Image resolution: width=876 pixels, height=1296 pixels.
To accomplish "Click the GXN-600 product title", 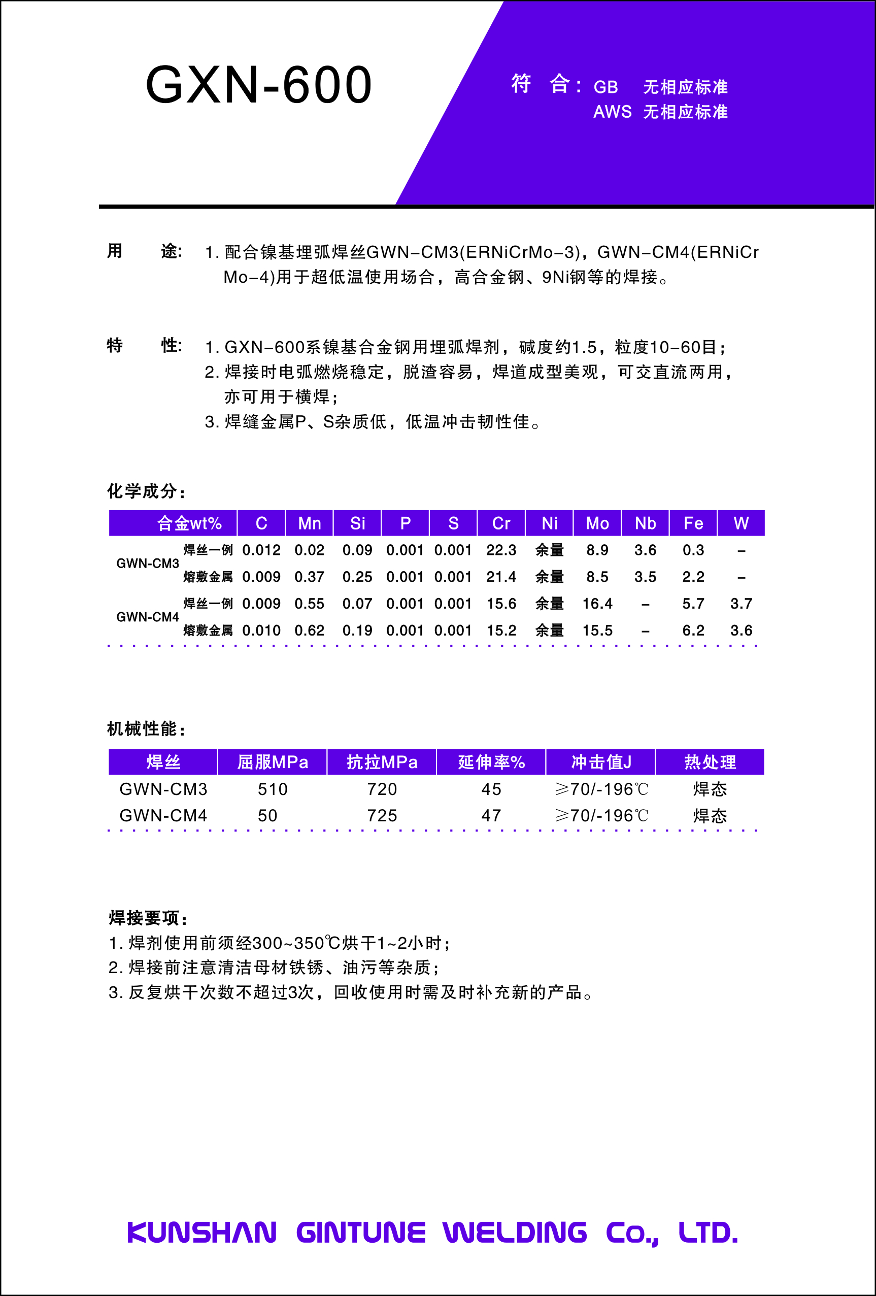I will coord(259,85).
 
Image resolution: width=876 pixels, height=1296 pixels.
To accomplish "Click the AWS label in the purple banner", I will coord(612,112).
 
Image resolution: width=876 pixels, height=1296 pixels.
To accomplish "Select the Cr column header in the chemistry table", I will coord(501,523).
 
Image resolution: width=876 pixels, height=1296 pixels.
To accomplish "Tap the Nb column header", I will coord(645,523).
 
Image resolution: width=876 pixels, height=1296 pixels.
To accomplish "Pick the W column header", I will coord(740,523).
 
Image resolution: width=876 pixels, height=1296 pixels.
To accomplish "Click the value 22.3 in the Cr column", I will coord(501,550).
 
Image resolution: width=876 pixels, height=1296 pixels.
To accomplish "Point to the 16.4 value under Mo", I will coord(597,604).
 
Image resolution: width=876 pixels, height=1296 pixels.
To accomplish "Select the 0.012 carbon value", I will coord(261,550).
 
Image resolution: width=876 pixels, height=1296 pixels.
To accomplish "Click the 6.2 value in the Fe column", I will coord(693,630).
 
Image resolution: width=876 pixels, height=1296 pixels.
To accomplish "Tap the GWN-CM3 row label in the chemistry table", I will coord(147,563).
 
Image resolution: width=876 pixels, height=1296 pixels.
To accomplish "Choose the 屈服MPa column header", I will coord(272,762).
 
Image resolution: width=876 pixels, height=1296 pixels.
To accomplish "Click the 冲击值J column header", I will coord(601,762).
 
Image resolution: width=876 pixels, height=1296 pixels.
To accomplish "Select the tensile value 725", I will coord(382,816).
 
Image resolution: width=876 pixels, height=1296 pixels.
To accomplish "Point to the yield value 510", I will coord(272,789).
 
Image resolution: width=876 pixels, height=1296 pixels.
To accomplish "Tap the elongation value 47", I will coord(491,816).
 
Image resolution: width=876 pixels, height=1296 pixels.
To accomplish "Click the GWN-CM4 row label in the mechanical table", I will coord(163,816).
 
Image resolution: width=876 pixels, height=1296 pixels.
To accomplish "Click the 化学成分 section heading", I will coord(146,491).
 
